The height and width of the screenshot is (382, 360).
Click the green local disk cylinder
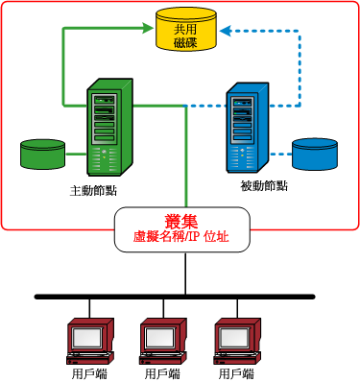point(43,154)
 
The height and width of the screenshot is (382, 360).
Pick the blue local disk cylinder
point(317,154)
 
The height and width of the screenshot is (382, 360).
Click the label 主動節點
point(93,189)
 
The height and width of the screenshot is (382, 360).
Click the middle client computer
point(162,337)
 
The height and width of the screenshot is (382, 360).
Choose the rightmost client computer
point(237,337)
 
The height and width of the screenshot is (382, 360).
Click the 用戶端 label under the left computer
point(88,372)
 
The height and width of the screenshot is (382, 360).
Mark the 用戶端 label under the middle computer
point(162,372)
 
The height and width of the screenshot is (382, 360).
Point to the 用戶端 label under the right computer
point(237,372)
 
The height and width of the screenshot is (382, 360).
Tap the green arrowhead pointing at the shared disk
point(149,28)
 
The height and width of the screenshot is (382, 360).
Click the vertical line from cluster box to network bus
point(184,274)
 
